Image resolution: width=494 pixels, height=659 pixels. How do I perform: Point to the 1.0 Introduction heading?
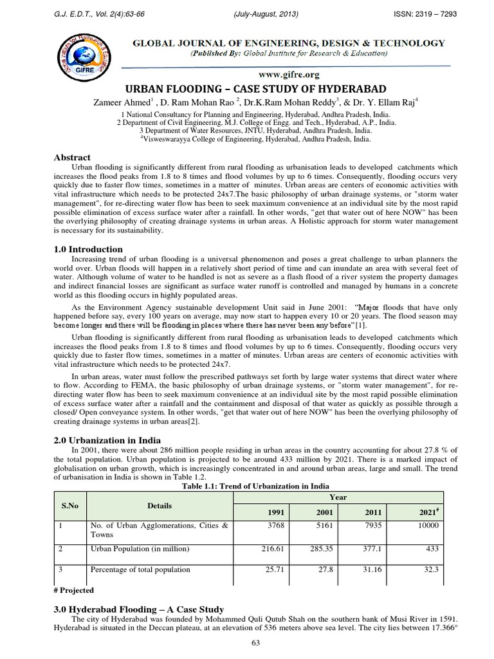coord(86,249)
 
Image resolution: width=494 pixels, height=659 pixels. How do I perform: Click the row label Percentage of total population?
coord(140,569)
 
